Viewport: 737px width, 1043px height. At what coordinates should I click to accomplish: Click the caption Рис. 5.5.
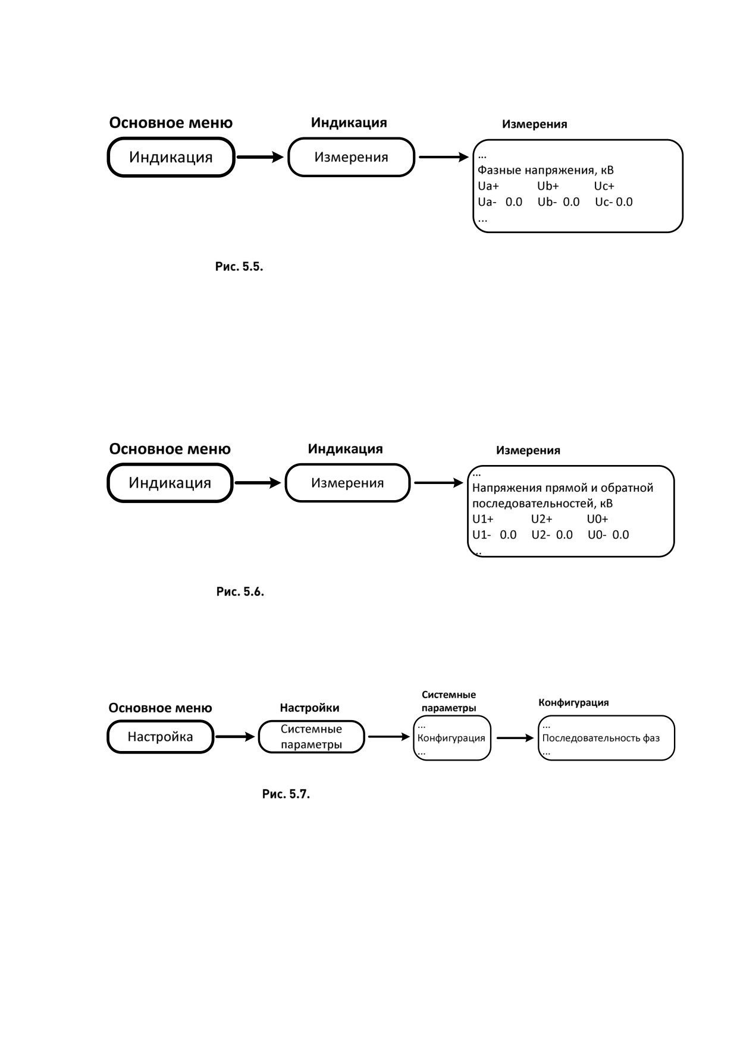[x=239, y=266]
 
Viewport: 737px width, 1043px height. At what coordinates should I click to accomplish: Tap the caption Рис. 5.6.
[x=240, y=592]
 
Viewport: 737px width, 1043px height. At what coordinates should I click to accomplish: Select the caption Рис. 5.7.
[x=286, y=794]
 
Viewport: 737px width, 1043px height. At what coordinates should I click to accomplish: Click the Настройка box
[x=160, y=737]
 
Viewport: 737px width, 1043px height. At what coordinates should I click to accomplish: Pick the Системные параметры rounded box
[x=311, y=737]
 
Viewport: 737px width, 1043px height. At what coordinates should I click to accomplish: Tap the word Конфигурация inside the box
[x=451, y=738]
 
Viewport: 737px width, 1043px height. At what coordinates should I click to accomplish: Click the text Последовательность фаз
[x=601, y=739]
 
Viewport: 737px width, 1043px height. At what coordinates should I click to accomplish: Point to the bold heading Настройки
[x=309, y=708]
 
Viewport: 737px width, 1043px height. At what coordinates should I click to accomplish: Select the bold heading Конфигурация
[x=573, y=702]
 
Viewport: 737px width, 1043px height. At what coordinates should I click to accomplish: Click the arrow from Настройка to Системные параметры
[x=235, y=737]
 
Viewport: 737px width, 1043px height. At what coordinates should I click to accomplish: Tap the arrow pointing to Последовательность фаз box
[x=515, y=738]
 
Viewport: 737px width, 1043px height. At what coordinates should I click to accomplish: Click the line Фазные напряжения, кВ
[x=545, y=171]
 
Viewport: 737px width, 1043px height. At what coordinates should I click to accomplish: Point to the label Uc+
[x=604, y=186]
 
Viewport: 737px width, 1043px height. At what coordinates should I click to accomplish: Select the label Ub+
[x=548, y=186]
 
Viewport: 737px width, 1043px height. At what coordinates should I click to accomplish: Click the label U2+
[x=542, y=519]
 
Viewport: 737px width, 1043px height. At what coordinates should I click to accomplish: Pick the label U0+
[x=598, y=519]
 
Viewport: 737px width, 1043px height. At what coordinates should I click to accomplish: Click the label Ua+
[x=488, y=186]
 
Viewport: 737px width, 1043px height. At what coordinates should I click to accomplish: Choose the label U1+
[x=483, y=519]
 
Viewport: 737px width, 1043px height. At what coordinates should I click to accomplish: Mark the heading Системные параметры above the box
[x=449, y=701]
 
